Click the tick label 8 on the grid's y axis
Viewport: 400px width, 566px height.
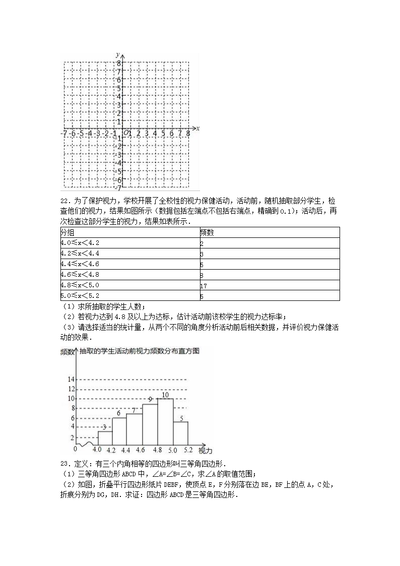[119, 64]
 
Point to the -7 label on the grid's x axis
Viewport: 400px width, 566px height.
[64, 134]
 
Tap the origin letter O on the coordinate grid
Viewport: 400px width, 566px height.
[126, 134]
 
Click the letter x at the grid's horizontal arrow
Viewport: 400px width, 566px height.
[198, 129]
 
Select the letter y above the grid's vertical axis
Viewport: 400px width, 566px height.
[117, 54]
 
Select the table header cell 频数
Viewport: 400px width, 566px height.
[205, 232]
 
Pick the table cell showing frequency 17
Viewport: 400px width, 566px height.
[203, 285]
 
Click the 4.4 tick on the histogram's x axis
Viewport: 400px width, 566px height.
[125, 450]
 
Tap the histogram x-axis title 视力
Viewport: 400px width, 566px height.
[205, 450]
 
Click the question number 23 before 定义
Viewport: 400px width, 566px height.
[64, 464]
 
